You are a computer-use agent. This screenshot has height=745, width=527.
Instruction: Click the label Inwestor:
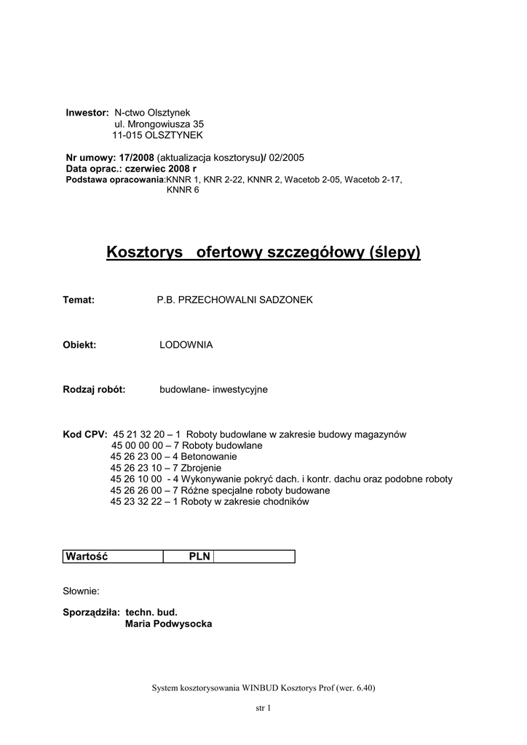(87, 113)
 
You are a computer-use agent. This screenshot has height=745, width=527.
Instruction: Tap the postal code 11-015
(127, 135)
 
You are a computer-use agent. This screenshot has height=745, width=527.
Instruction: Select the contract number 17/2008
(136, 157)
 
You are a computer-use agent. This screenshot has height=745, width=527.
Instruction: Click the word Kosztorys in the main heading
(144, 252)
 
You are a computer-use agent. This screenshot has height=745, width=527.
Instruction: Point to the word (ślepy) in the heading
(395, 252)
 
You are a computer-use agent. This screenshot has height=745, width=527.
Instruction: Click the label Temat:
(79, 300)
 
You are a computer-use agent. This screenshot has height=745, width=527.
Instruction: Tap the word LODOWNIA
(186, 345)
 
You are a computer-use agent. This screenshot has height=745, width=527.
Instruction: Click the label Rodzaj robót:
(95, 390)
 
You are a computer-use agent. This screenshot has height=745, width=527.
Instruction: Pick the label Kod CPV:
(85, 434)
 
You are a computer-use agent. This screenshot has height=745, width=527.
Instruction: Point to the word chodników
(287, 501)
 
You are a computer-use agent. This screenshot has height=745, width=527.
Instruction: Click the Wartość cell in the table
(87, 557)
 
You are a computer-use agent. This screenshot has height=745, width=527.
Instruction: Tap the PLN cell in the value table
(199, 557)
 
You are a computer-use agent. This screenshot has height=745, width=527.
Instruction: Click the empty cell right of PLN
(254, 557)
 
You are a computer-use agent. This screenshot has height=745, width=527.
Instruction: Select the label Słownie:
(82, 591)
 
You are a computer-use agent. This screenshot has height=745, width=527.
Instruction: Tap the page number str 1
(263, 708)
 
